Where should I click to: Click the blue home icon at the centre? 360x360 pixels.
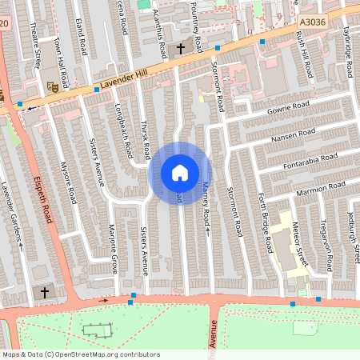[x=180, y=172]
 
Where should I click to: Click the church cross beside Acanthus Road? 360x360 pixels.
[x=180, y=49]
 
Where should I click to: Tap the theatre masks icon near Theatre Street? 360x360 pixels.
[x=52, y=86]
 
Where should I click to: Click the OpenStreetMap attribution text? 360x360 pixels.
[x=80, y=354]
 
